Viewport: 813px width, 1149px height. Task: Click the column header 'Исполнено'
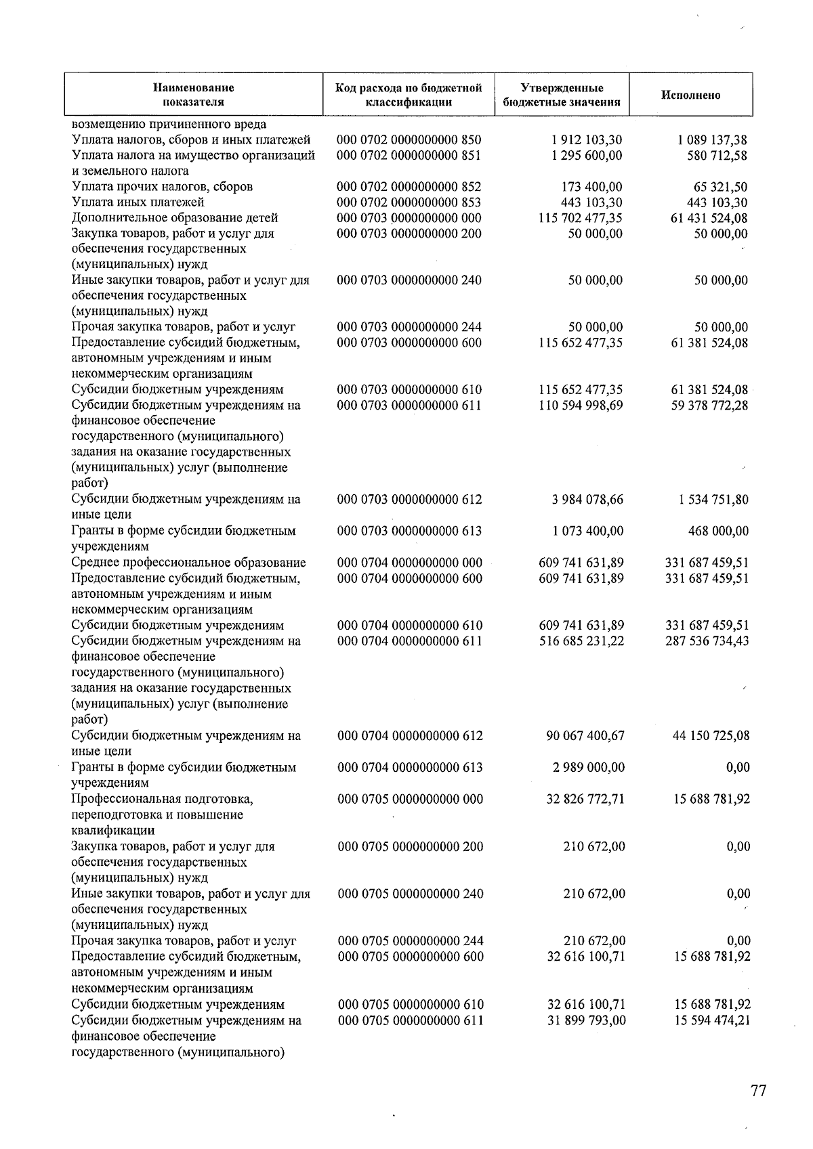[x=690, y=95]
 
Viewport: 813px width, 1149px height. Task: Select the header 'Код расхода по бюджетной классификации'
[x=409, y=95]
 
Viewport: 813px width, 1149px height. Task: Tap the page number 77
[x=758, y=1091]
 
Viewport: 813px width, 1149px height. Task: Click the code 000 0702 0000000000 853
[x=409, y=202]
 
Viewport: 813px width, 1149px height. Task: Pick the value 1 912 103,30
[x=587, y=140]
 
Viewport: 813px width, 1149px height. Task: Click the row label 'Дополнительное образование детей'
[x=175, y=218]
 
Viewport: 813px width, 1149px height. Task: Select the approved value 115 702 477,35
[x=580, y=218]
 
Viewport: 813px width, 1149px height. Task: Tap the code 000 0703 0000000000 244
[x=409, y=327]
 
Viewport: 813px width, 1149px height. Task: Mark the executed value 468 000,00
[x=718, y=531]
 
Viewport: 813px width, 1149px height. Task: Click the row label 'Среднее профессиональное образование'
[x=188, y=563]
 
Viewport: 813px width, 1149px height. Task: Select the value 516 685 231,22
[x=581, y=641]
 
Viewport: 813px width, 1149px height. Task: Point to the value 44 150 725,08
[x=711, y=735]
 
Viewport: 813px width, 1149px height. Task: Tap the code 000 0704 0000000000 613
[x=410, y=767]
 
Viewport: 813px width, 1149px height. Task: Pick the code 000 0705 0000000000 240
[x=410, y=894]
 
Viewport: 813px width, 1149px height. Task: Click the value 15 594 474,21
[x=711, y=1020]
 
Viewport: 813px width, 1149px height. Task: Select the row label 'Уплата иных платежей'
[x=138, y=202]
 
